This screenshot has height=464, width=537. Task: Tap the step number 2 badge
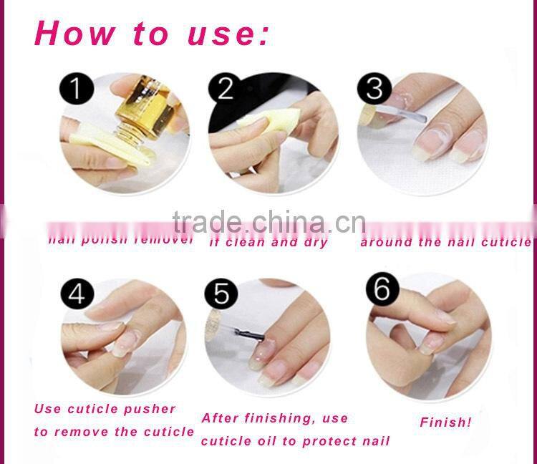coord(225,90)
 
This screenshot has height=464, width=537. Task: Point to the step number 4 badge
coord(77,294)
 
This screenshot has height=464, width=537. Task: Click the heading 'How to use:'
coord(152,34)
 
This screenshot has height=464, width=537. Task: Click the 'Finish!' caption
coord(445,422)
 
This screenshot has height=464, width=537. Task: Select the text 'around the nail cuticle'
coord(445,242)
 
